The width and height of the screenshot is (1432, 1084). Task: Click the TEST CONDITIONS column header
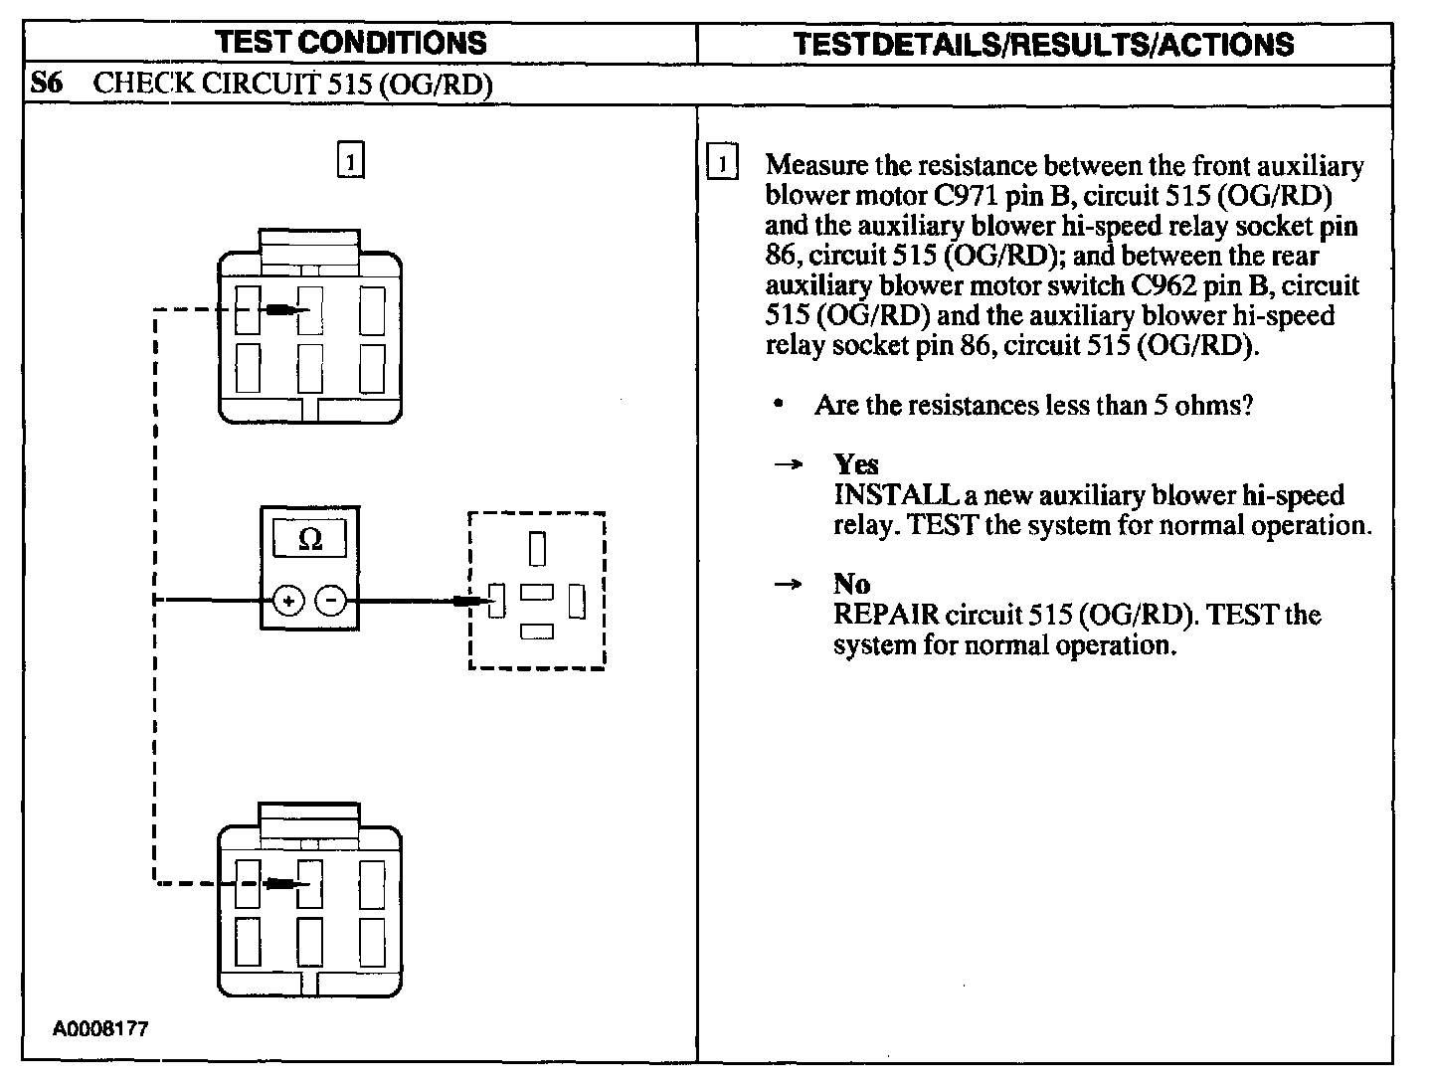click(x=351, y=43)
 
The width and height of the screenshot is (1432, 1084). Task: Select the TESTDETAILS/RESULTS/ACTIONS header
click(x=1044, y=44)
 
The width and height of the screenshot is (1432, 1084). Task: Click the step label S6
click(x=46, y=84)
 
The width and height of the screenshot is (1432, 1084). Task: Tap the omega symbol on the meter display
click(x=310, y=539)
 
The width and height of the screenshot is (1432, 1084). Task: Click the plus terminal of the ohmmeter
click(x=288, y=601)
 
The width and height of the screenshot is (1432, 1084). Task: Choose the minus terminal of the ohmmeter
click(x=332, y=601)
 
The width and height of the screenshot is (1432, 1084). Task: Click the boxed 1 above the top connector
click(x=351, y=160)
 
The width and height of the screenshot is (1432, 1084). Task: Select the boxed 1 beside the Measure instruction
click(x=723, y=163)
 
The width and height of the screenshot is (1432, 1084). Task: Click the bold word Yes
click(x=856, y=464)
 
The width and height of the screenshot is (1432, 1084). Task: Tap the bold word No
click(x=852, y=584)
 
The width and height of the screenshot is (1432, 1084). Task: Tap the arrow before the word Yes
click(x=789, y=465)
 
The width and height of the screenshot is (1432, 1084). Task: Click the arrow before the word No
click(x=789, y=585)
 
